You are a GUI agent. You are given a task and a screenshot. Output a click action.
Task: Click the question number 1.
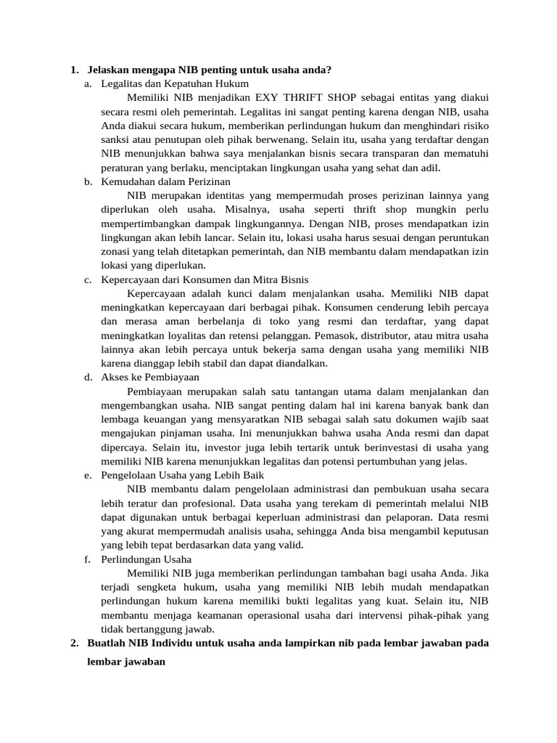74,70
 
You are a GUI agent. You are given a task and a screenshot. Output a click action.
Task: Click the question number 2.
74,643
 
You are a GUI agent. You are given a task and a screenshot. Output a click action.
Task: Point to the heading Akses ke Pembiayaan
140,377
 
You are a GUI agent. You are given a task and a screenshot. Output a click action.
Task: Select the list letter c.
87,279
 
